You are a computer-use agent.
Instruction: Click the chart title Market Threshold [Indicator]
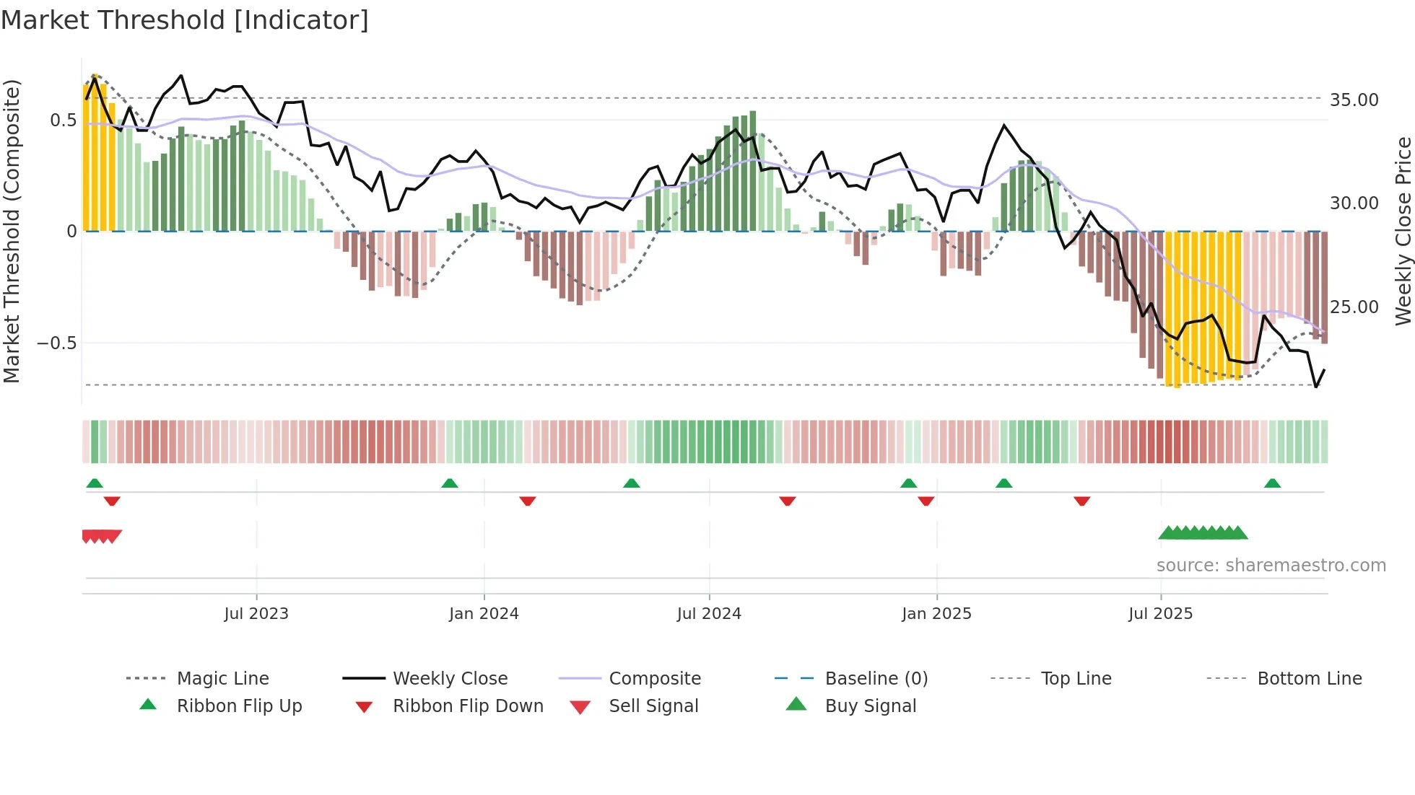[x=185, y=20]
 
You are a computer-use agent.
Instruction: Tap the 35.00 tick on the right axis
[x=1354, y=100]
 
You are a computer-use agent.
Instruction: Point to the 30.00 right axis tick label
[x=1354, y=203]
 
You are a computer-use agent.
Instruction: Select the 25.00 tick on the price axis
[x=1354, y=307]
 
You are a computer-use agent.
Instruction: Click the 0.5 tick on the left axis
[x=63, y=120]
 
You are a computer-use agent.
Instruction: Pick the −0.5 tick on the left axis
[x=56, y=343]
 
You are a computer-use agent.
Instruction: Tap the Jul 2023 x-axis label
[x=256, y=614]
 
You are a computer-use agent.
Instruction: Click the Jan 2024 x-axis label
[x=484, y=614]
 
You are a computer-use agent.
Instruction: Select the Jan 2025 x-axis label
[x=936, y=614]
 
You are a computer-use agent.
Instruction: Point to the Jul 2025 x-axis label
[x=1160, y=614]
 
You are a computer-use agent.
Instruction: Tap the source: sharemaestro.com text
[x=1271, y=566]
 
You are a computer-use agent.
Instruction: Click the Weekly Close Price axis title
[x=1403, y=231]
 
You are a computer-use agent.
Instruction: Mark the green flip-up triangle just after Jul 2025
[x=1272, y=483]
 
